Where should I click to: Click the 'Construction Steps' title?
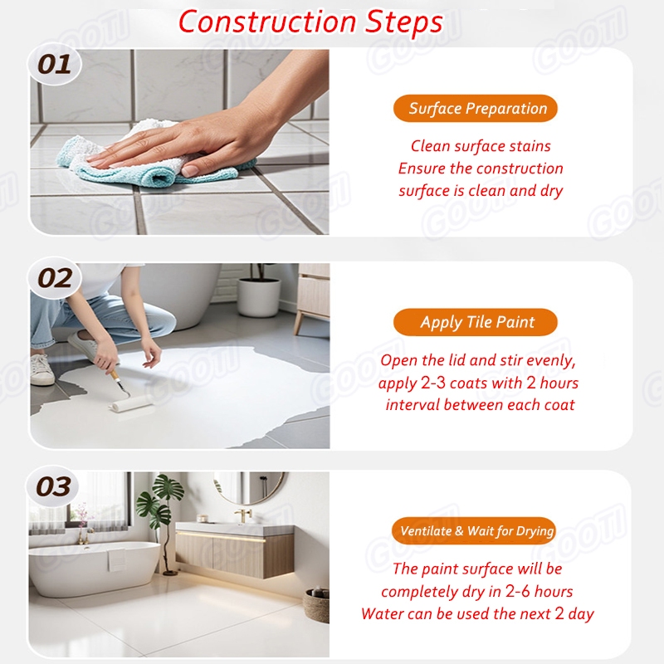[x=310, y=22]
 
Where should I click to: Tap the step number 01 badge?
[x=54, y=65]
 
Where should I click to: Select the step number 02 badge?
[x=54, y=278]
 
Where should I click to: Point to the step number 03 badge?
[x=53, y=486]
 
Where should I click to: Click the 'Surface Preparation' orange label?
[x=475, y=109]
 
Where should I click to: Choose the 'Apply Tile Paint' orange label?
[x=475, y=322]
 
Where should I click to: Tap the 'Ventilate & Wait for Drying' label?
[x=474, y=530]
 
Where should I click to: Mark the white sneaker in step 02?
[x=41, y=369]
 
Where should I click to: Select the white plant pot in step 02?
[x=258, y=297]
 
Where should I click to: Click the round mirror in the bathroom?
[x=250, y=487]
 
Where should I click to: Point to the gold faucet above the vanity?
[x=242, y=515]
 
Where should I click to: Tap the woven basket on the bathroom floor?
[x=316, y=605]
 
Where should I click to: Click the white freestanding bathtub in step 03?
[x=94, y=568]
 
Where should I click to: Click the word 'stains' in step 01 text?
[x=530, y=146]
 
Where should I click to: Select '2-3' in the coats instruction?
[x=432, y=383]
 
